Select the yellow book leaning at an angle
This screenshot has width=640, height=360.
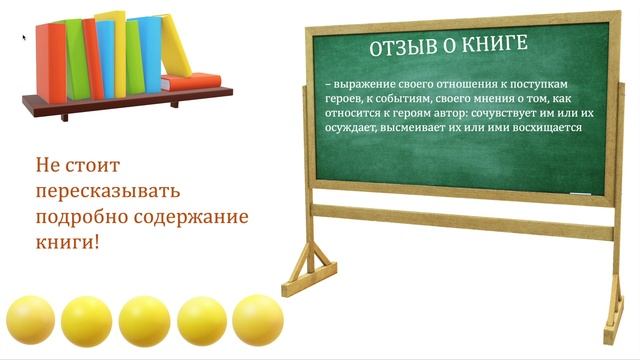[x=176, y=45]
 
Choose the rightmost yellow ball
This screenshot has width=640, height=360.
[x=258, y=320]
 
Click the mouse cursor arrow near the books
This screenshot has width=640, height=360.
[x=25, y=38]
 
